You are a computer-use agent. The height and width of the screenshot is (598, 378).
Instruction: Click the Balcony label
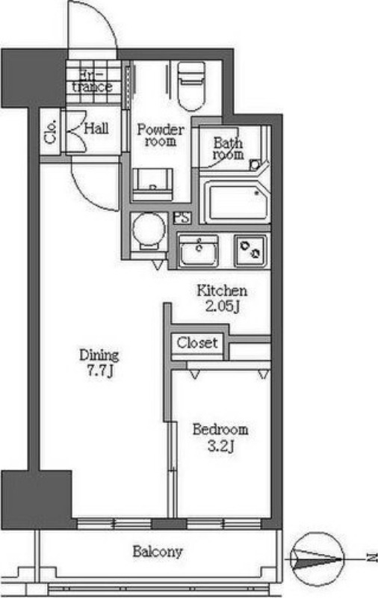click(158, 552)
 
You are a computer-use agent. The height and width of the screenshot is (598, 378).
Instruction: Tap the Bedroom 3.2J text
click(220, 437)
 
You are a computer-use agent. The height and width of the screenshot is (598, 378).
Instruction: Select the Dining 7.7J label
click(99, 363)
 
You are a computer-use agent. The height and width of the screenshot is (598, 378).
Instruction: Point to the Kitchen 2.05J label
click(222, 298)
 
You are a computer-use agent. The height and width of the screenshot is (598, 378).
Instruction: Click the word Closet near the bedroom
click(197, 342)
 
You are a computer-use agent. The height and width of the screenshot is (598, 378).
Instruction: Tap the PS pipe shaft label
click(182, 218)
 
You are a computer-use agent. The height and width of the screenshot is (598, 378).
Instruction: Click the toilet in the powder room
click(191, 86)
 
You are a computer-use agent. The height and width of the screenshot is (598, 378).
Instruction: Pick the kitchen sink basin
click(199, 250)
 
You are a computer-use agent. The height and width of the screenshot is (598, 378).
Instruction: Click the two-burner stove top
click(250, 250)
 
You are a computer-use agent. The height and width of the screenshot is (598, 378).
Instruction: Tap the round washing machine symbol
click(149, 229)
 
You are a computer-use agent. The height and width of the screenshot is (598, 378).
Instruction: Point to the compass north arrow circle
click(317, 559)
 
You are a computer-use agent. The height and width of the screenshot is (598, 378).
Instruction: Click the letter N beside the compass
click(371, 558)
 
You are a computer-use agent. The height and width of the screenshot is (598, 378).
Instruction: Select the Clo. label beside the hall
click(50, 132)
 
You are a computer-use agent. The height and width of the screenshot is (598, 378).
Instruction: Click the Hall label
click(96, 128)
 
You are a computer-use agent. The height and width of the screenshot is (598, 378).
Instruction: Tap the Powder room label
click(161, 135)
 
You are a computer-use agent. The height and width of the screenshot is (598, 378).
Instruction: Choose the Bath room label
click(229, 148)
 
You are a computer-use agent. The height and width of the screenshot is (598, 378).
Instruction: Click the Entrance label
click(92, 81)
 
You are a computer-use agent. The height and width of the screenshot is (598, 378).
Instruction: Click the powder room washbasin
click(152, 184)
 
